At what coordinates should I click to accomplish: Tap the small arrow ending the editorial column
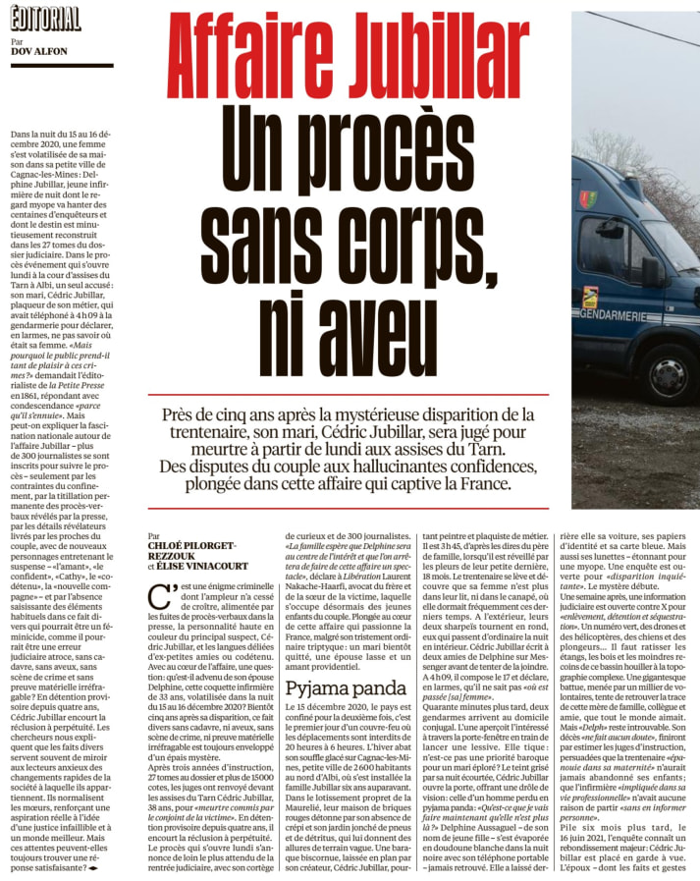click(x=94, y=868)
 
